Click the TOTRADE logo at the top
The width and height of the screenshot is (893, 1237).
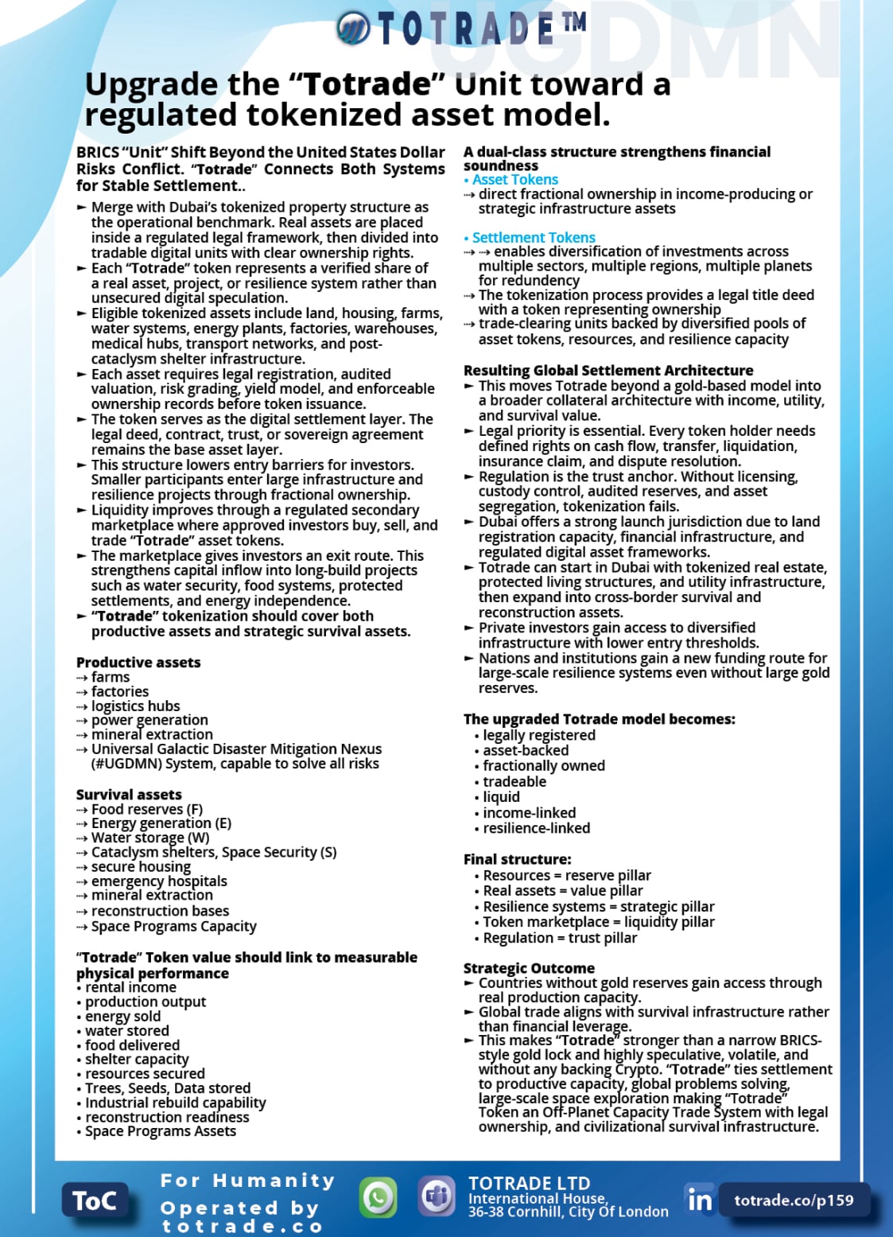(x=461, y=29)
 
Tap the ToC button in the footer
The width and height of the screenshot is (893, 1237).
(x=95, y=1200)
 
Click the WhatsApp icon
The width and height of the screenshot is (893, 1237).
(x=378, y=1197)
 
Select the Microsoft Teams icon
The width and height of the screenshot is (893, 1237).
(x=437, y=1196)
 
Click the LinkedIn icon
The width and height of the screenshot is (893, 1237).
(x=700, y=1199)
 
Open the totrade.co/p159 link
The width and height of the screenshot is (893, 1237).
(x=793, y=1200)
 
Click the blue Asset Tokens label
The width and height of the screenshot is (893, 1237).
(x=514, y=180)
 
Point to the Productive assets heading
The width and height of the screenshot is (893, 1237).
(x=138, y=663)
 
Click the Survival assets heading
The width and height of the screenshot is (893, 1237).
(x=129, y=795)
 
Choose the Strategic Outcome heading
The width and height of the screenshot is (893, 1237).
(x=529, y=968)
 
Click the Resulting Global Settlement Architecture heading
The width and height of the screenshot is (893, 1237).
(x=608, y=371)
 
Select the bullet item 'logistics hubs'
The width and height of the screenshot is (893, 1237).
(x=135, y=706)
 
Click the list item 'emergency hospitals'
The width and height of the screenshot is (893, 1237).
(x=159, y=881)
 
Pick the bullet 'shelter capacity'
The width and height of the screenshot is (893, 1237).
(x=137, y=1060)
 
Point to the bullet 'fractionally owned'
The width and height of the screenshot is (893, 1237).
(x=544, y=766)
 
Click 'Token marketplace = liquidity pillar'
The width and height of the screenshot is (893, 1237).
(x=598, y=922)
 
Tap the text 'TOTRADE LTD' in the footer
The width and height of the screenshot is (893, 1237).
(x=529, y=1183)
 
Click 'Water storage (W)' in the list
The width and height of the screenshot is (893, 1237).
(x=150, y=838)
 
